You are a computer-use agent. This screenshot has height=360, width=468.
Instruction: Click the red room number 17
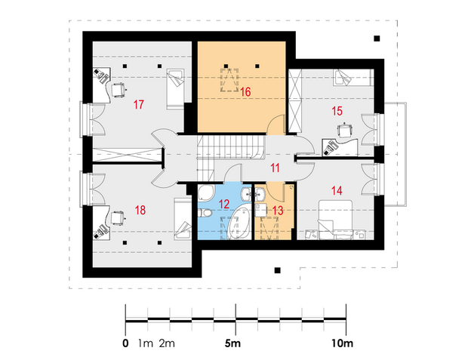point(139,105)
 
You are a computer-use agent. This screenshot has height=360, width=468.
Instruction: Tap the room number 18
point(140,210)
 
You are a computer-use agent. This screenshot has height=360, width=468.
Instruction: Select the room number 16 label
point(245,92)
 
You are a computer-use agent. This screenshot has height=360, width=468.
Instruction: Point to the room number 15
point(337,111)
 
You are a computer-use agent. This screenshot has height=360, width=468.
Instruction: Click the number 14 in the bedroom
point(337,191)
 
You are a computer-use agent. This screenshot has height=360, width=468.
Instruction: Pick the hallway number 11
point(275,168)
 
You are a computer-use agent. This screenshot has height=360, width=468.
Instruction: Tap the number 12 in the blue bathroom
point(224,205)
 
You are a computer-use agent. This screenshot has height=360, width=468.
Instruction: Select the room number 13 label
point(278,211)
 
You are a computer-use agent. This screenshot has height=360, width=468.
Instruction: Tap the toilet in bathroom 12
point(205,213)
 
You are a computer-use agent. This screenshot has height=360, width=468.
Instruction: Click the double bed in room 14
point(335,220)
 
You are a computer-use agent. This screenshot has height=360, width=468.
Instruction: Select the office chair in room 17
point(119,89)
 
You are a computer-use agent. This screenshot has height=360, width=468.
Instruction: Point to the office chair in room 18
point(118,217)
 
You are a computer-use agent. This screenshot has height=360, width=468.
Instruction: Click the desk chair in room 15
point(344,130)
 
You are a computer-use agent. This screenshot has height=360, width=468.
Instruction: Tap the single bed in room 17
point(175,89)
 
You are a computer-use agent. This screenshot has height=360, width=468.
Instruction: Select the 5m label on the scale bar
point(232,343)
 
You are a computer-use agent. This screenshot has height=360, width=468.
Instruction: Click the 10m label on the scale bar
point(342,343)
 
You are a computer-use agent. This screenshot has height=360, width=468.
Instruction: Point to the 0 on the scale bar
point(125,343)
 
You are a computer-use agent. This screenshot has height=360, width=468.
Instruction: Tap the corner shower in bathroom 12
point(205,192)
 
